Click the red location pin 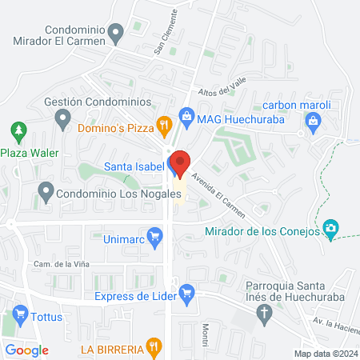[x=180, y=162]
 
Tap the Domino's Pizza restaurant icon [x=164, y=124]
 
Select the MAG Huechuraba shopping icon [x=187, y=117]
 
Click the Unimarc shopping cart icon [x=156, y=236]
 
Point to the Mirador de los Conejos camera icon [x=330, y=230]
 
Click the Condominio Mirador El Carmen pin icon [x=116, y=34]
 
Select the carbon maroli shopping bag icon [x=313, y=122]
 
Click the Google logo [x=27, y=350]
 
